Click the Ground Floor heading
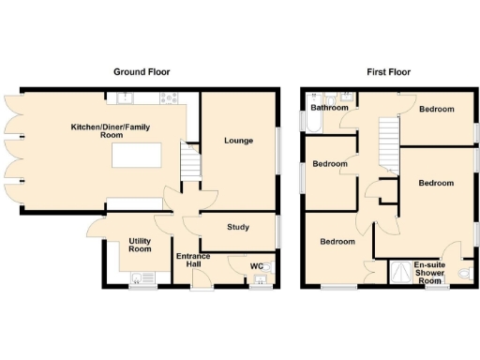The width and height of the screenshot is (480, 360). (x=142, y=71)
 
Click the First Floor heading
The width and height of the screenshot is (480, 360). (x=387, y=71)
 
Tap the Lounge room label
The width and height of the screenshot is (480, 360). (x=238, y=141)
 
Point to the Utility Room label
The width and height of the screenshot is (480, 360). (x=140, y=245)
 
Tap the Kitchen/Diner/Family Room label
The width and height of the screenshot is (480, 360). (x=113, y=130)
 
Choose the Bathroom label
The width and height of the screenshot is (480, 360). (x=330, y=108)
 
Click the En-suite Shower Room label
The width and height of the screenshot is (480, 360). (x=428, y=272)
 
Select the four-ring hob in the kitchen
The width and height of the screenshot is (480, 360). (x=172, y=97)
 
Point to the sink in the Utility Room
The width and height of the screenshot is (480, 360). (x=142, y=276)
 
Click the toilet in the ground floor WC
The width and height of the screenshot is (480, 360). (x=263, y=272)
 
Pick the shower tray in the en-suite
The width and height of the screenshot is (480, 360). (x=402, y=271)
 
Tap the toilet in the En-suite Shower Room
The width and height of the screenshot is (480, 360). (x=466, y=273)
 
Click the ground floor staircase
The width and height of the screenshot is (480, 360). (x=190, y=167)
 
